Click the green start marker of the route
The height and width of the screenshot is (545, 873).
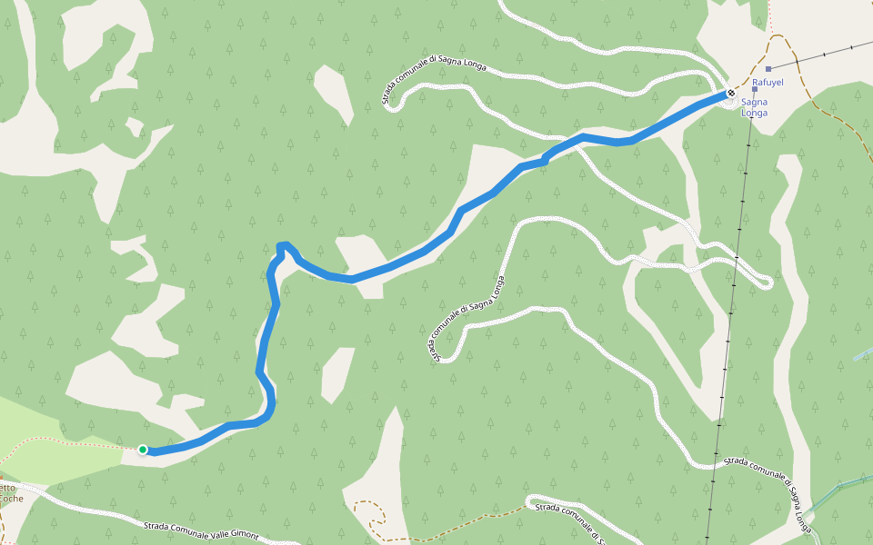(x=143, y=449)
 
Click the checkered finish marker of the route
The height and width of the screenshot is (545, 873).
(x=731, y=93)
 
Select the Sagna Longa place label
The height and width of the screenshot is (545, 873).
(x=755, y=107)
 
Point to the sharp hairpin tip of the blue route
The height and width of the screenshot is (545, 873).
(x=282, y=244)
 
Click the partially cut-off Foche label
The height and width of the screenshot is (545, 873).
(x=11, y=498)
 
